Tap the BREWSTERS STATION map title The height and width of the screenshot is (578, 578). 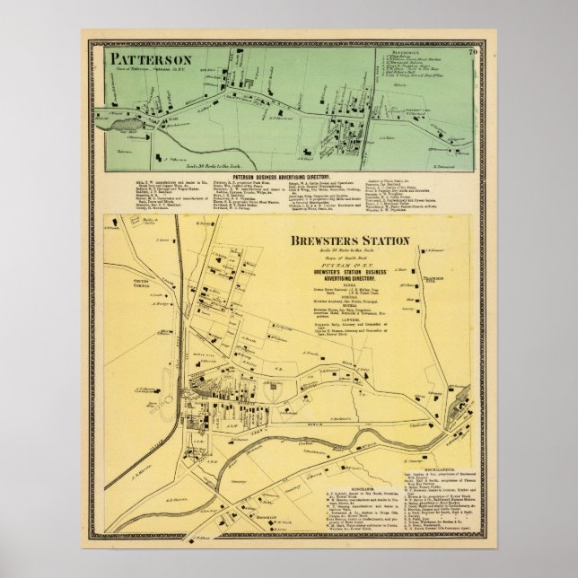[348, 241]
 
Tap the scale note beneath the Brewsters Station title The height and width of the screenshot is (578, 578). [348, 250]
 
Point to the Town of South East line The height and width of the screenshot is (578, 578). [348, 257]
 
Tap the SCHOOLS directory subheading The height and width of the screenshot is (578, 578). [348, 296]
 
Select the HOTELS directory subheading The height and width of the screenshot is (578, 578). [348, 306]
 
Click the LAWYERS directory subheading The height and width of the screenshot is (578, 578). [348, 320]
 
